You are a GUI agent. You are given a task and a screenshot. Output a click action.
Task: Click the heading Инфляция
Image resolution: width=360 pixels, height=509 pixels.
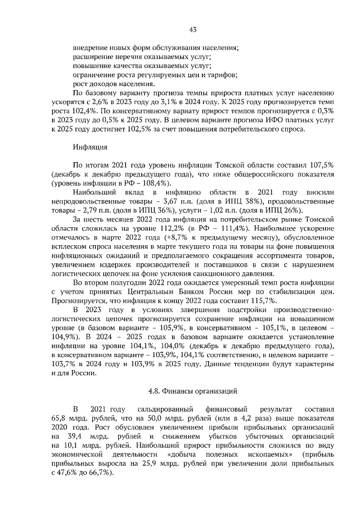click(x=89, y=147)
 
